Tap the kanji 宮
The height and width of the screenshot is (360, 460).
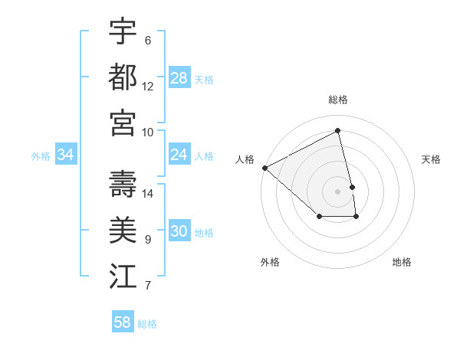click(123, 123)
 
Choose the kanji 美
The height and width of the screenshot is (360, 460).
click(123, 230)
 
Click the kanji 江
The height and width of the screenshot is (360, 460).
click(123, 276)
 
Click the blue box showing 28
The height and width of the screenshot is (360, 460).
click(179, 78)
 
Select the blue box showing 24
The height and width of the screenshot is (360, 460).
click(179, 155)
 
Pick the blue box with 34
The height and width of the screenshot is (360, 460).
click(66, 155)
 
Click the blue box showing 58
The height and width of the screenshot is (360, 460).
click(123, 322)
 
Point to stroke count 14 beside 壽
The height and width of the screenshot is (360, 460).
click(148, 194)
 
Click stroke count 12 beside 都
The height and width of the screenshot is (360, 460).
click(148, 87)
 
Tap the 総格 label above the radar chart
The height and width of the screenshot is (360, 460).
click(338, 100)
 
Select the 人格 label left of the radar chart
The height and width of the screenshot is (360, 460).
click(245, 159)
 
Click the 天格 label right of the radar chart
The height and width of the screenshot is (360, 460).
click(432, 159)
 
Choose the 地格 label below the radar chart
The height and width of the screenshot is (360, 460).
click(402, 262)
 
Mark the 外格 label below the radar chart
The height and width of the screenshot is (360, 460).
click(270, 262)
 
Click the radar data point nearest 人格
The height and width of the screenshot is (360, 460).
click(265, 168)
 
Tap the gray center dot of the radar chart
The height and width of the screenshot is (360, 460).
click(338, 191)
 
